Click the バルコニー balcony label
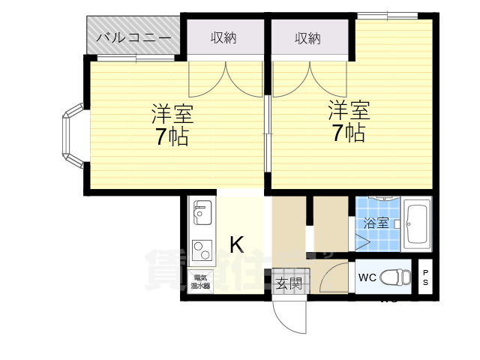point(134,37)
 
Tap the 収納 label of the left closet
point(223,37)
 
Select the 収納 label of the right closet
point(307,37)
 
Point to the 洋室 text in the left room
point(172,115)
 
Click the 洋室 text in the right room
point(349,111)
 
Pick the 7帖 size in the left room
point(172,137)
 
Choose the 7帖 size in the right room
point(349,133)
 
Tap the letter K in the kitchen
point(236,244)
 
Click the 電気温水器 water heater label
point(200,281)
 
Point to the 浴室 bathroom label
point(375,223)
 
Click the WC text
point(367,277)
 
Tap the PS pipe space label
point(425,277)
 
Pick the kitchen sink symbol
point(201,214)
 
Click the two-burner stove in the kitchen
point(201,248)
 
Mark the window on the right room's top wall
point(387,15)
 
